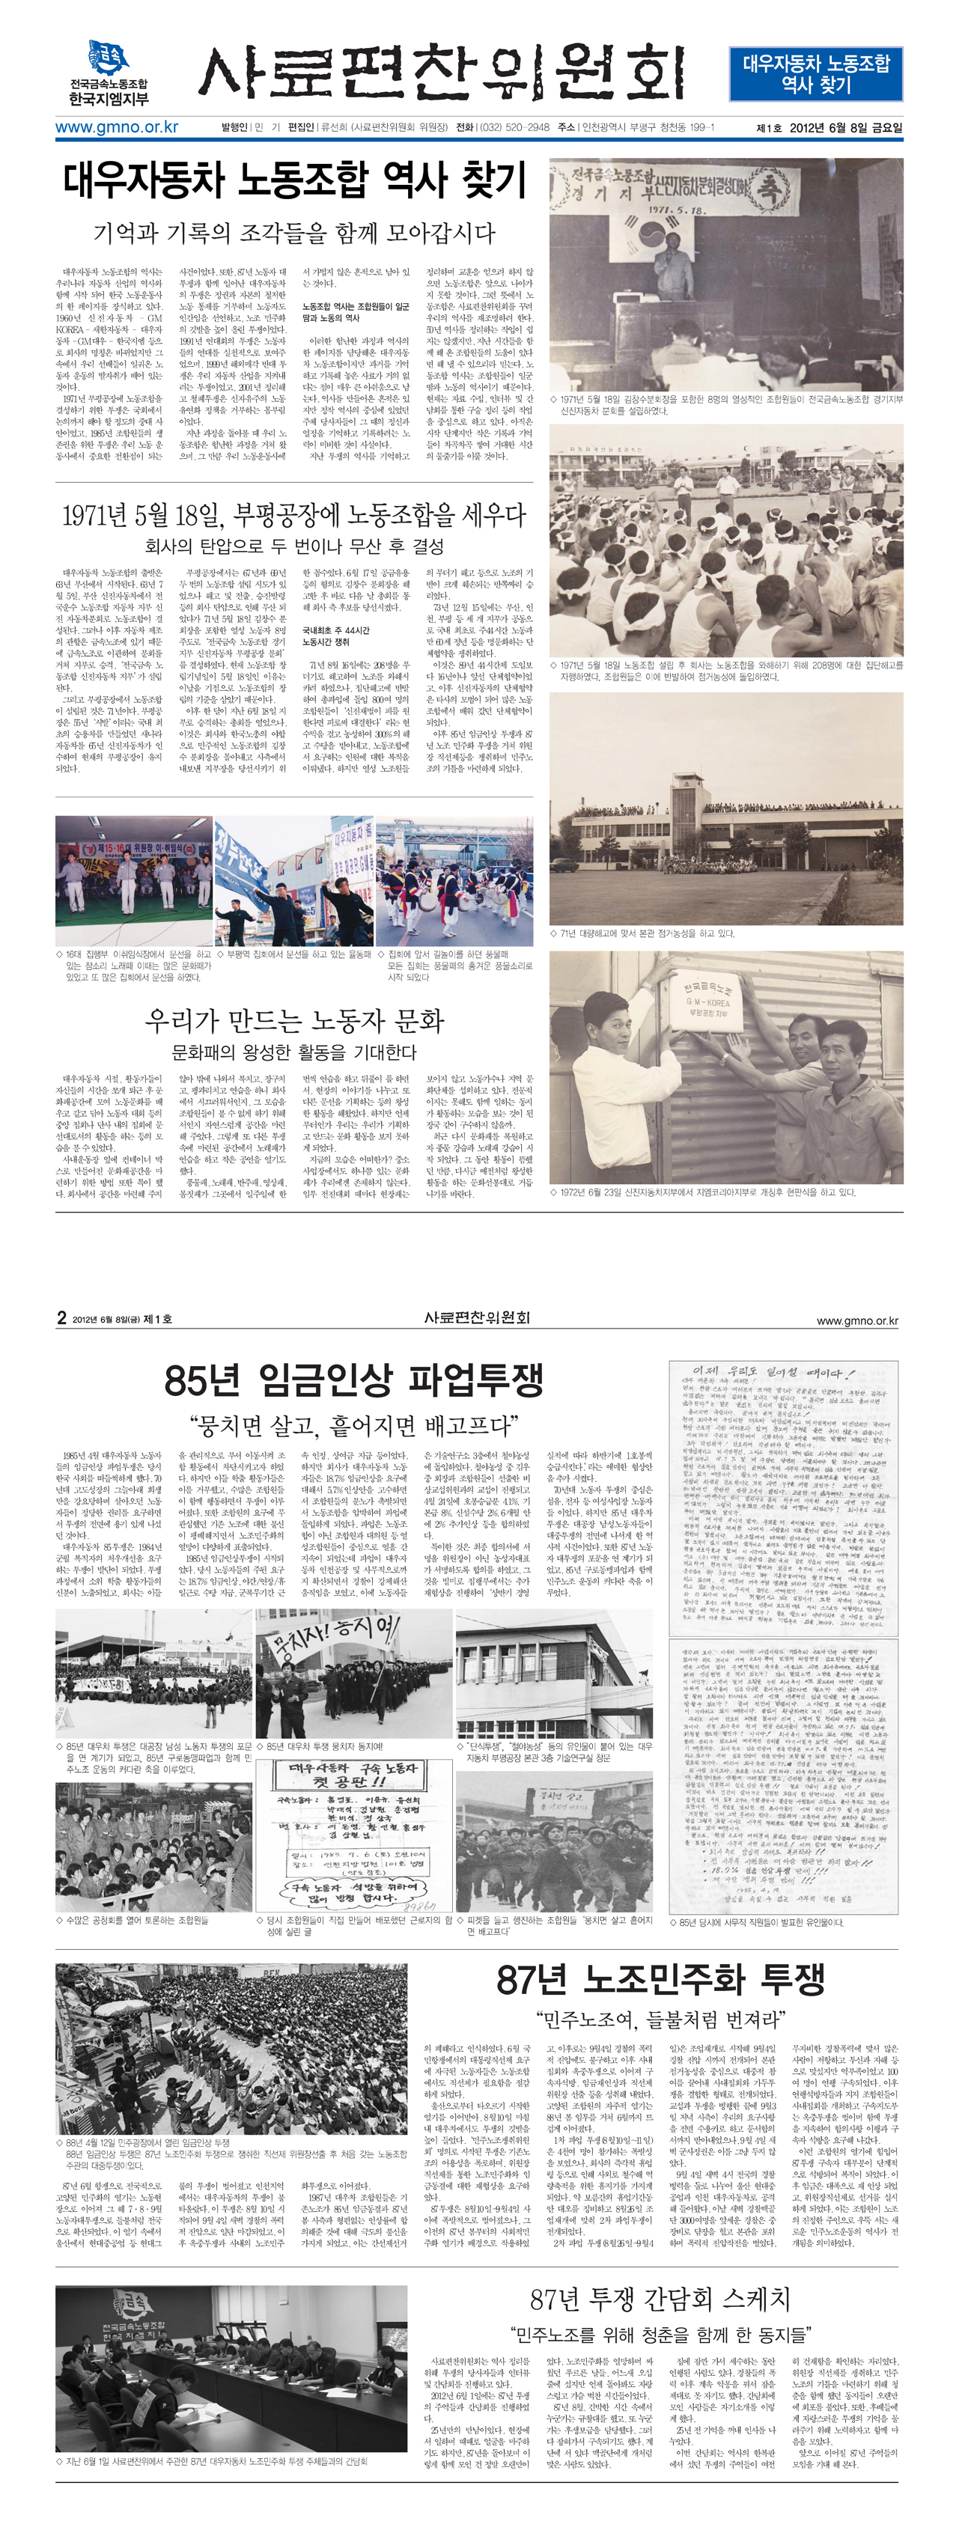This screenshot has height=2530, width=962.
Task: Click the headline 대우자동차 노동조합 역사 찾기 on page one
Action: pyautogui.click(x=295, y=180)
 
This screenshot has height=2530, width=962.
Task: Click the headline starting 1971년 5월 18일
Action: pyautogui.click(x=293, y=516)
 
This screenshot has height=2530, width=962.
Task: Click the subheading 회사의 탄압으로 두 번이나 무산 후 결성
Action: pyautogui.click(x=293, y=546)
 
